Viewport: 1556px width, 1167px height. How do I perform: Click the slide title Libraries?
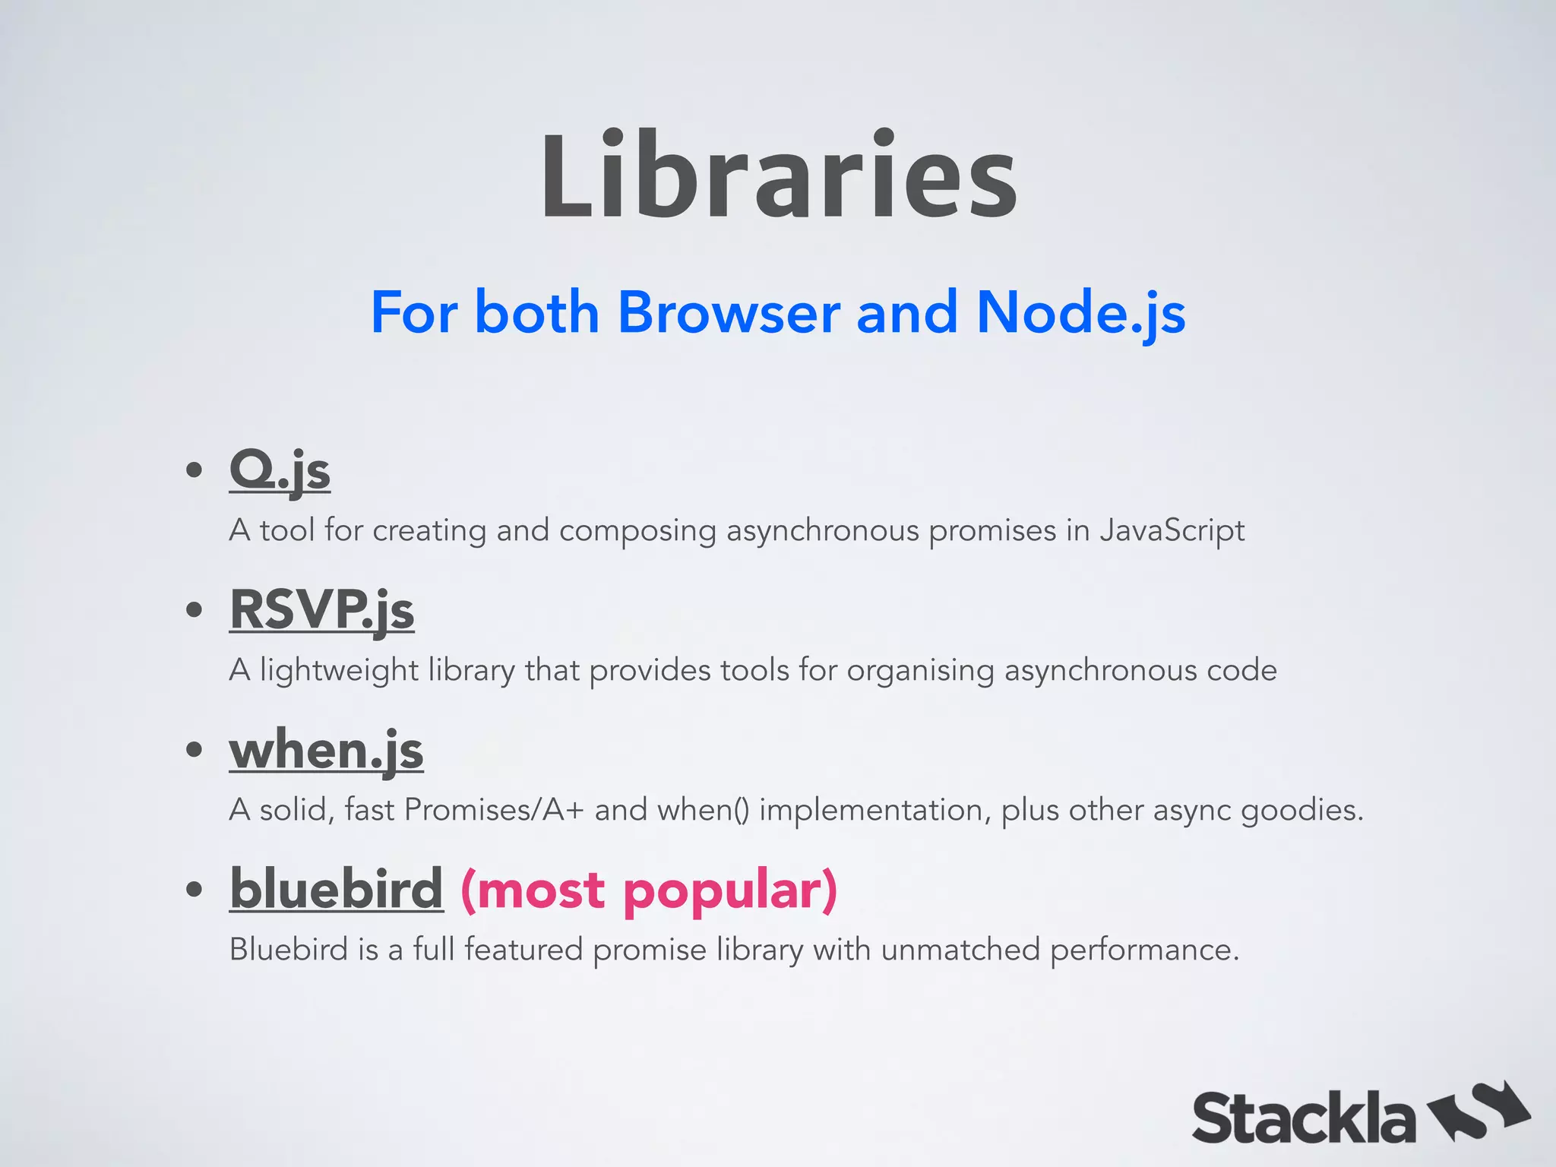[x=778, y=177]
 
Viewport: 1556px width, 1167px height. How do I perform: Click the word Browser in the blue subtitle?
[x=729, y=313]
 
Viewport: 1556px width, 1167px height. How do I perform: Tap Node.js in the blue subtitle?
[x=1080, y=313]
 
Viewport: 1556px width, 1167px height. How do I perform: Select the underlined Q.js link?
[x=280, y=470]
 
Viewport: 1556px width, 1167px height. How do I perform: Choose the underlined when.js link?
[x=326, y=750]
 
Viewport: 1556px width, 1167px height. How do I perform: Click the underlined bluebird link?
[x=336, y=888]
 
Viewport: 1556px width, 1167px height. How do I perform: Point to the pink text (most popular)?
[x=649, y=890]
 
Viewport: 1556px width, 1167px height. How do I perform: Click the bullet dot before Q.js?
[x=194, y=470]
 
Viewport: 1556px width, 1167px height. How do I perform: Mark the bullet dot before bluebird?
[x=194, y=889]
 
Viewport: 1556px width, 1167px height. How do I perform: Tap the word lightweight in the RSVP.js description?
[x=339, y=670]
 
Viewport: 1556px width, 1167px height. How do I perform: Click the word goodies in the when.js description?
[x=1301, y=810]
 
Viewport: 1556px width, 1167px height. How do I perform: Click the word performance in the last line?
[x=1143, y=950]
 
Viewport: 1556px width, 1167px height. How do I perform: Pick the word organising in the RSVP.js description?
[x=920, y=670]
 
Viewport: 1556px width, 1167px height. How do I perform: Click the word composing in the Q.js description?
[x=637, y=530]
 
